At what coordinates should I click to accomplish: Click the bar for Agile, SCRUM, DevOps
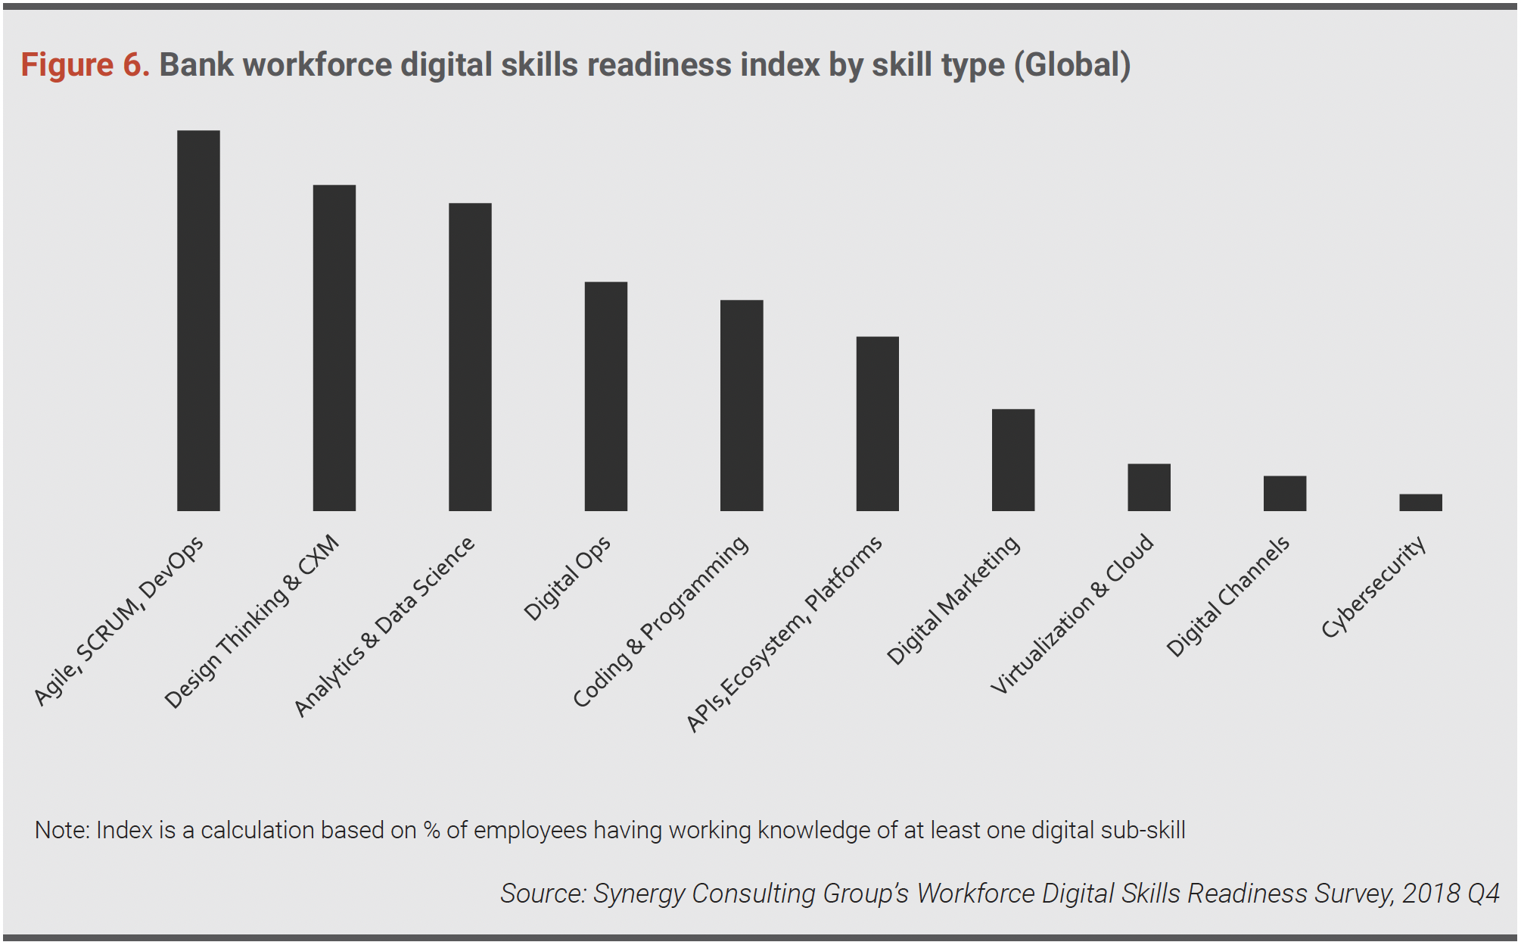click(x=198, y=320)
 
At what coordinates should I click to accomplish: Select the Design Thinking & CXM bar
click(x=334, y=348)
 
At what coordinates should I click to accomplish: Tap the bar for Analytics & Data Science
click(x=470, y=357)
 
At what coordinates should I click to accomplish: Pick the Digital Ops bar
click(x=605, y=396)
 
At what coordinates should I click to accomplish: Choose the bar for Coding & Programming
click(x=742, y=405)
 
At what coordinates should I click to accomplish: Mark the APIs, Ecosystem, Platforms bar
click(x=877, y=423)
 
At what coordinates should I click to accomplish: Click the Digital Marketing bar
click(x=1012, y=460)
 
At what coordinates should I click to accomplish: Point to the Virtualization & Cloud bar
click(x=1149, y=487)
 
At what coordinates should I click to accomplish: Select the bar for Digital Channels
click(x=1284, y=493)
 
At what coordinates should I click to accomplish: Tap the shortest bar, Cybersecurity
click(x=1420, y=502)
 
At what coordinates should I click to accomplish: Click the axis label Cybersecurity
click(x=1373, y=587)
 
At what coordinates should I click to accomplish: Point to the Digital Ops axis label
click(x=567, y=579)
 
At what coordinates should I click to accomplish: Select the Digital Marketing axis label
click(x=953, y=600)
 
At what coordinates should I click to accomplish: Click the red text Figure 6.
click(x=85, y=65)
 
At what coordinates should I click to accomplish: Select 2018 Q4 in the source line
click(x=1451, y=894)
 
